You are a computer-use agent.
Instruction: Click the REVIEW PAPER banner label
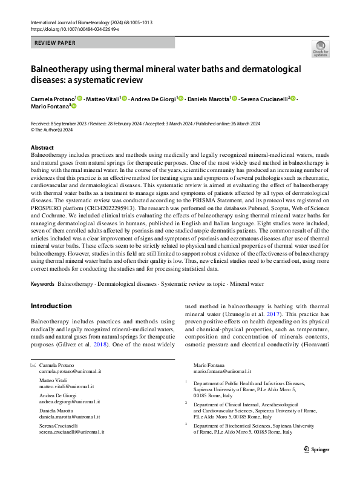(54, 42)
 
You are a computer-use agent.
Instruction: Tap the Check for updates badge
(320, 49)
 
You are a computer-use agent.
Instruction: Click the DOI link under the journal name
(74, 29)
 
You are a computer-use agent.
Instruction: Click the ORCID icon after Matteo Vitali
(124, 98)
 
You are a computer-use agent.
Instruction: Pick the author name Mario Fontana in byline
(50, 106)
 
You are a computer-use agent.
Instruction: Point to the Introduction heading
(51, 306)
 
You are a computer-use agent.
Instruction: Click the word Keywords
(43, 283)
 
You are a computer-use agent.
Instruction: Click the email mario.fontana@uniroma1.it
(223, 372)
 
